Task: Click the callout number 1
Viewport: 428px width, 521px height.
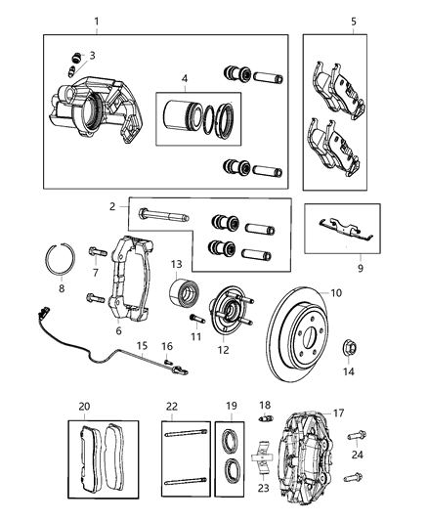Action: tap(96, 22)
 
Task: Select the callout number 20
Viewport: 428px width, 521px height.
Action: tap(84, 406)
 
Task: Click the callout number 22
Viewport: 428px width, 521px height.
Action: tap(171, 406)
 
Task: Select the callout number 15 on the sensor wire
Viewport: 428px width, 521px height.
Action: tap(141, 346)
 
